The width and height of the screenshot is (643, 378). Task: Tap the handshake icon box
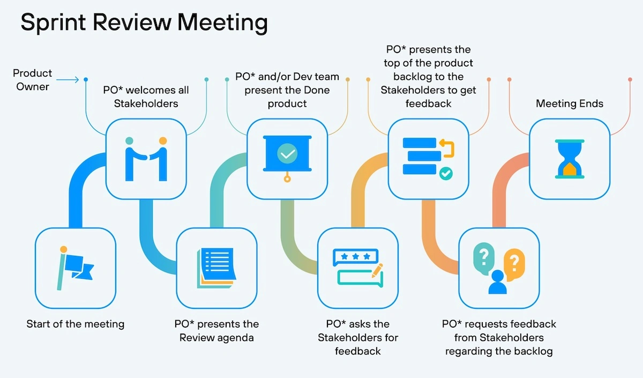(x=146, y=159)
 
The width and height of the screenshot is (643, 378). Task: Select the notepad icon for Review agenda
(x=216, y=268)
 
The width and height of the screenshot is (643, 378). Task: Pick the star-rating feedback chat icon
(x=358, y=268)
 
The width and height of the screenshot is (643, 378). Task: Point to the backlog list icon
(x=428, y=159)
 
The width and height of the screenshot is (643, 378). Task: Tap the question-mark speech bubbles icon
(x=499, y=268)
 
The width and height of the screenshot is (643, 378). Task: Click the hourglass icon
(x=570, y=159)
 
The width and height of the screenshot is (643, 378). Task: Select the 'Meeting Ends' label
(x=570, y=103)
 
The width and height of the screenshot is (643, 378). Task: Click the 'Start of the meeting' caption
(x=76, y=324)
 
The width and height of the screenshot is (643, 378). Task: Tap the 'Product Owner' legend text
(x=33, y=79)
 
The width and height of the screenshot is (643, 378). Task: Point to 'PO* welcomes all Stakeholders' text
(x=146, y=96)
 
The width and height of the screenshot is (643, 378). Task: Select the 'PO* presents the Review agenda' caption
(x=216, y=331)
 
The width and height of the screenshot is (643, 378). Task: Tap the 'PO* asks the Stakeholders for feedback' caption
(x=358, y=337)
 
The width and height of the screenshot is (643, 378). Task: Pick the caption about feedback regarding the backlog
(x=499, y=338)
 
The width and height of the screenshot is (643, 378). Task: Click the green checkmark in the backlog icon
(x=445, y=174)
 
